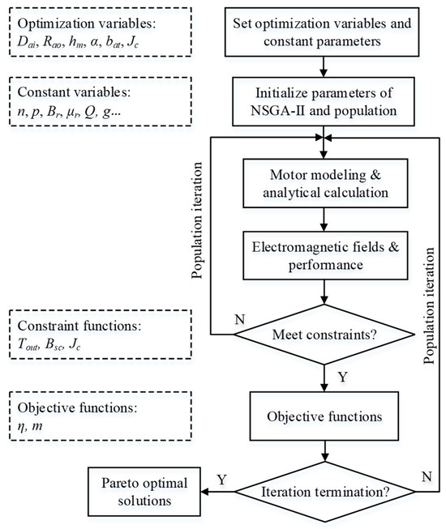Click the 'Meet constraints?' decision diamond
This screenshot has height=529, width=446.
[x=325, y=333]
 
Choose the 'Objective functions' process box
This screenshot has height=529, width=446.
[x=325, y=416]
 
